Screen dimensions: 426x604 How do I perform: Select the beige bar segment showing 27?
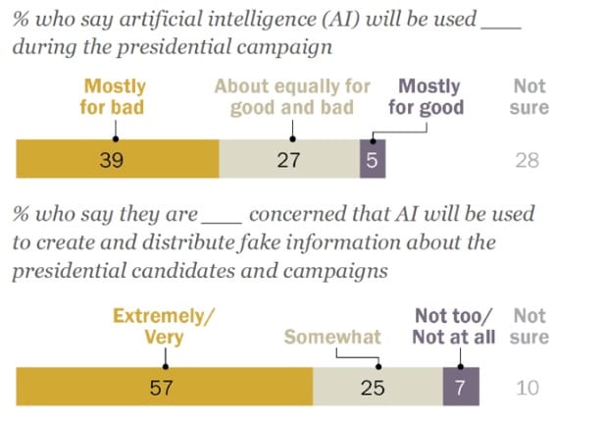[288, 160]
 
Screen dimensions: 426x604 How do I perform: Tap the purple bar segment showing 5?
[372, 160]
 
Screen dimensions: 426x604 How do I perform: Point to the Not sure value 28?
[527, 160]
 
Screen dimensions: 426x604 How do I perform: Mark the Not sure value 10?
[528, 387]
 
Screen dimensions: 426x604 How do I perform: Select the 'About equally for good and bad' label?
[292, 96]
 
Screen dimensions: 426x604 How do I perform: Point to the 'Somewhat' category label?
[332, 337]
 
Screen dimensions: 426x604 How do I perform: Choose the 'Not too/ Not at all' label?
[454, 326]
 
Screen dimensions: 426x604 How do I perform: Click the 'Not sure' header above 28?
[529, 96]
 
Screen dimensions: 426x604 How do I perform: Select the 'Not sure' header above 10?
[529, 326]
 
